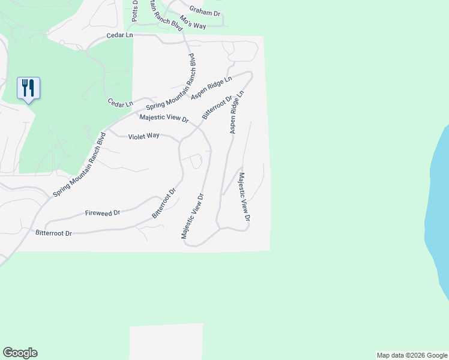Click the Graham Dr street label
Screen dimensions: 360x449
pos(205,10)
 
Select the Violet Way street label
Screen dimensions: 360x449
pos(143,136)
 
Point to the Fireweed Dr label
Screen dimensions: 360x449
pos(103,213)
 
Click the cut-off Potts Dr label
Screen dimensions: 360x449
pos(135,11)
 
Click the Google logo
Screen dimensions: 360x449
pos(20,353)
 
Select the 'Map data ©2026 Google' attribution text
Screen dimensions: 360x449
pos(412,355)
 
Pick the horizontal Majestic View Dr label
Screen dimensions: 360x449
pos(164,118)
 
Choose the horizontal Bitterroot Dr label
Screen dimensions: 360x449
pos(53,232)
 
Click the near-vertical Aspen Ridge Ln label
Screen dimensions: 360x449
pos(236,113)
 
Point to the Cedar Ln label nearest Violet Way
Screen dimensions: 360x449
pos(120,103)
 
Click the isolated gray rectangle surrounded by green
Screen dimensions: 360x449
pos(166,341)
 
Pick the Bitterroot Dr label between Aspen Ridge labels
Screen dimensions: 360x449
pos(217,107)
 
